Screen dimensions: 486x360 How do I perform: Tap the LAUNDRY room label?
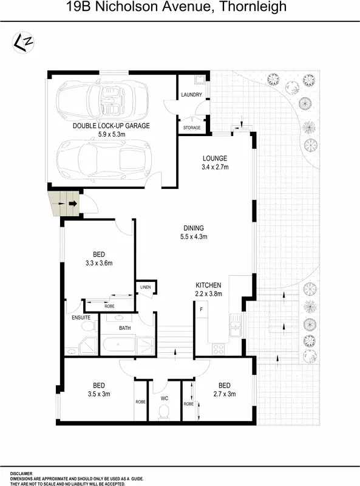[x=192, y=95]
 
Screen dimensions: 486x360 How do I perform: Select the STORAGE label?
[x=191, y=128]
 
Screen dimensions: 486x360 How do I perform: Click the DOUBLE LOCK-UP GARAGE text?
[x=111, y=126]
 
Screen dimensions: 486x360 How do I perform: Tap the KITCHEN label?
[x=208, y=285]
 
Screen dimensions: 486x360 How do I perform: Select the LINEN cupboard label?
[x=145, y=287]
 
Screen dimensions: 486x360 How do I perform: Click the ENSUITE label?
[x=81, y=317]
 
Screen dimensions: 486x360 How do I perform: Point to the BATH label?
[x=125, y=328]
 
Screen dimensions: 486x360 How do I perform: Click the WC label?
[x=164, y=399]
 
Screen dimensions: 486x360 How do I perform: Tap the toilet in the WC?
[x=163, y=412]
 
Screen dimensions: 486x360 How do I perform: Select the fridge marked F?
[x=201, y=310]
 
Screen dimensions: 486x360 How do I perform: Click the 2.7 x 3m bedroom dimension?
[x=225, y=394]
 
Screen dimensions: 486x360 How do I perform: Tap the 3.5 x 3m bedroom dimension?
[x=98, y=394]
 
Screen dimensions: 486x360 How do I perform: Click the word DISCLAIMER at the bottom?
[x=21, y=473]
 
